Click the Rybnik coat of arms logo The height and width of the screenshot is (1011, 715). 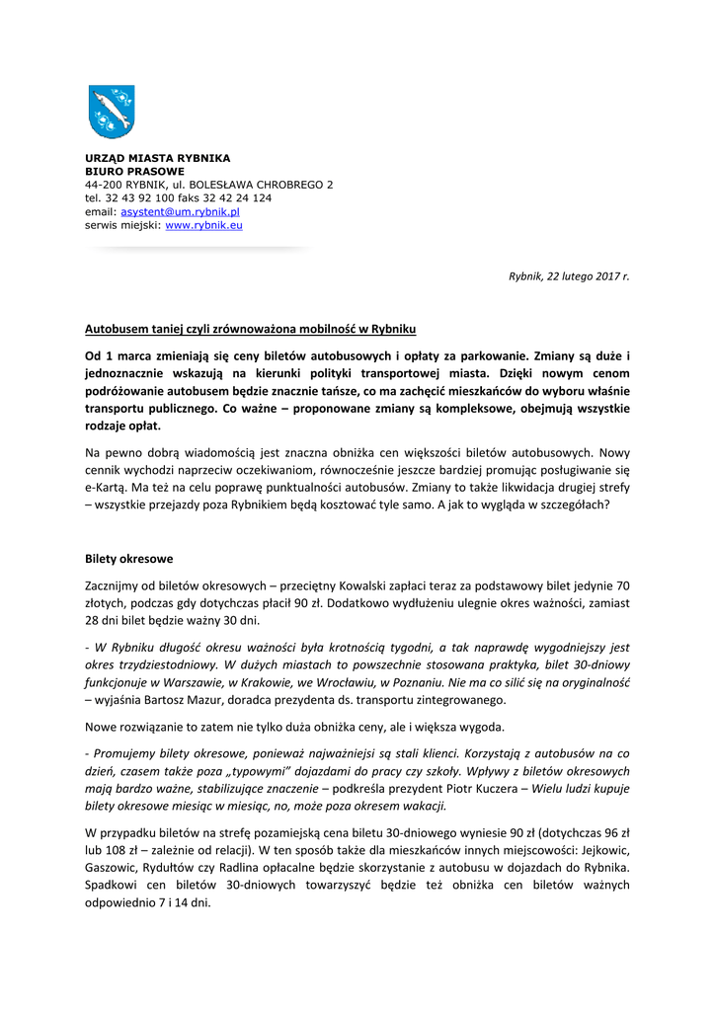point(111,112)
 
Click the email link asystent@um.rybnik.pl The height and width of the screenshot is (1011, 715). point(181,211)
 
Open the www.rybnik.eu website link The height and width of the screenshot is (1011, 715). point(203,225)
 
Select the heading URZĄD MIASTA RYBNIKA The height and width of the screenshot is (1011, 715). point(157,158)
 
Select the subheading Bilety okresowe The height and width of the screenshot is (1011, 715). point(129,558)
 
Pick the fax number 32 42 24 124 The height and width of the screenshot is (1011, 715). point(241,197)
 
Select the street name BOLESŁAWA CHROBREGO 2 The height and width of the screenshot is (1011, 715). point(261,185)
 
